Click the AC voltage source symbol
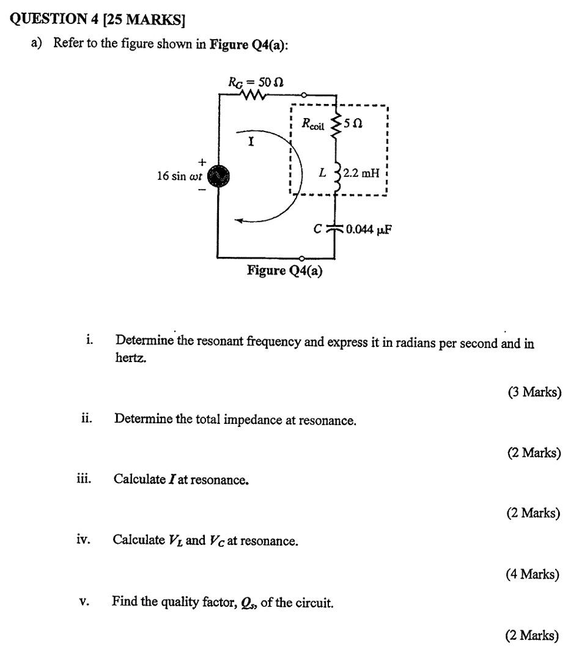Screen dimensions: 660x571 click(x=218, y=176)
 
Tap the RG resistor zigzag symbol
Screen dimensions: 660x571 click(x=255, y=95)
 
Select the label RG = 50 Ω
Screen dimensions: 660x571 click(x=256, y=81)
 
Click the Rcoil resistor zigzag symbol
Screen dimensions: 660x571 click(x=334, y=124)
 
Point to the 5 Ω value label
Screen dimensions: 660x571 click(x=353, y=124)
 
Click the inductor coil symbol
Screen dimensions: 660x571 click(x=336, y=174)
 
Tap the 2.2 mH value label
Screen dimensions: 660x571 click(x=361, y=173)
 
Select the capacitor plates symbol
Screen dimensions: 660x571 click(x=335, y=229)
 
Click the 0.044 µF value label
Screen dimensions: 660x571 click(x=369, y=230)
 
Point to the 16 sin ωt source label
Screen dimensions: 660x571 click(x=179, y=176)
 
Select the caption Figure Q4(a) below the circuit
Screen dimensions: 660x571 click(x=284, y=270)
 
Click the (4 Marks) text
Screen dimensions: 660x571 click(x=532, y=574)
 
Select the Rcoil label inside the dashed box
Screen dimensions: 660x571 click(x=314, y=123)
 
